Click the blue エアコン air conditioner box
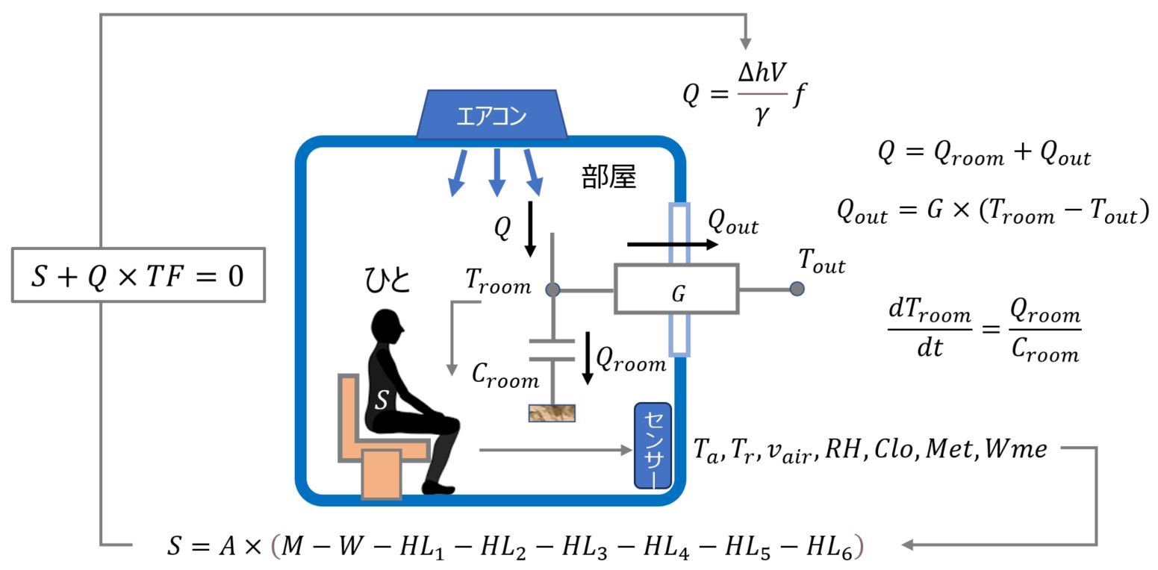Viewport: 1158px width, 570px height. tap(491, 116)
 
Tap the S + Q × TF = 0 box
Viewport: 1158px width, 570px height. tap(138, 276)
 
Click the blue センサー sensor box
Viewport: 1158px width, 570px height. tap(653, 446)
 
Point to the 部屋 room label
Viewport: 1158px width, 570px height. tap(608, 178)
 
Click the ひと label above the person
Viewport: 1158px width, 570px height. tap(387, 281)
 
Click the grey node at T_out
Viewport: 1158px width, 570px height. tap(797, 289)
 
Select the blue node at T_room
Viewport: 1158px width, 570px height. tap(552, 289)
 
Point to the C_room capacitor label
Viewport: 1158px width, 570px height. tap(505, 375)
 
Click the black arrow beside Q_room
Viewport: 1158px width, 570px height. tap(588, 358)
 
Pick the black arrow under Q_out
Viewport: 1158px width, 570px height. tap(672, 244)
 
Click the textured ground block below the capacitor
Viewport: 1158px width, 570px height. tap(552, 413)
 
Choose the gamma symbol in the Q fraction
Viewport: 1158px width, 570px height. tap(762, 116)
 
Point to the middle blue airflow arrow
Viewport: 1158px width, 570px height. tap(497, 172)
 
